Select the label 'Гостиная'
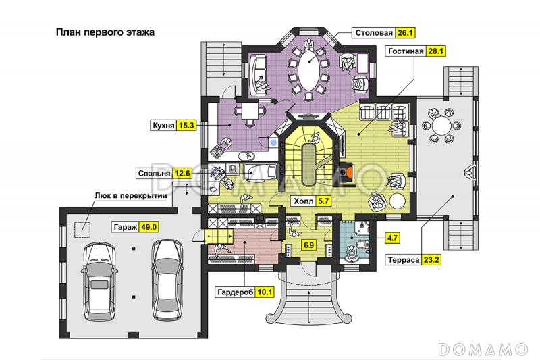(406, 51)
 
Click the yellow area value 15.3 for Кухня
(186, 126)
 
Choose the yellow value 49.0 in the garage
(146, 227)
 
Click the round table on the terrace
(441, 126)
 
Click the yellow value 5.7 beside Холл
(323, 201)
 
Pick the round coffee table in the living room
(398, 201)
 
